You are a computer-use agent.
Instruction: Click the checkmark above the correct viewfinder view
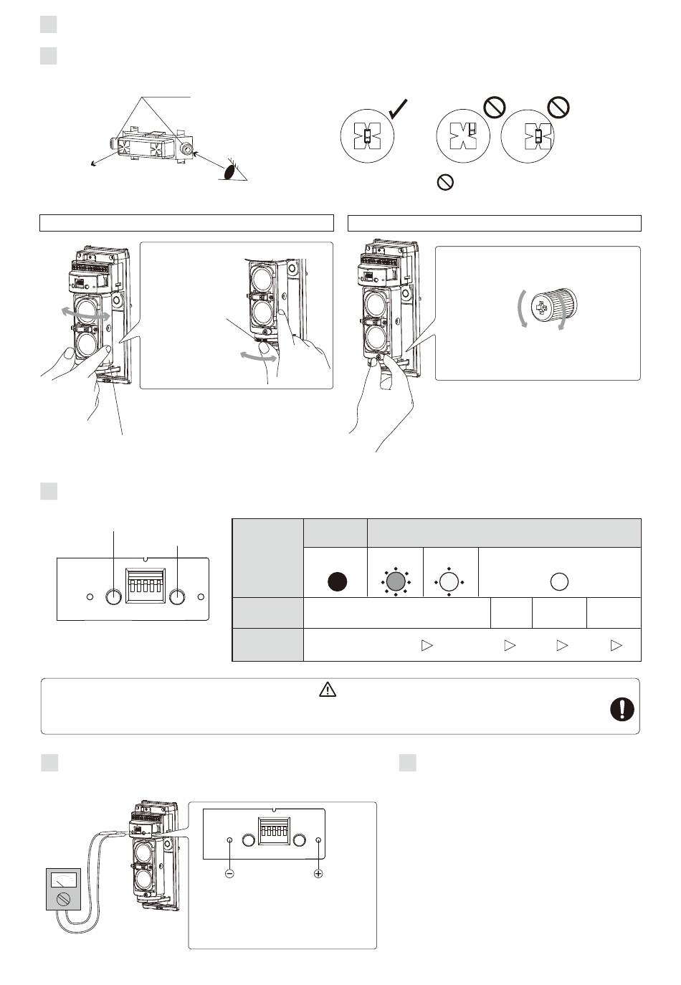[399, 110]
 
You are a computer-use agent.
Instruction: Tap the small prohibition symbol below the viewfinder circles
[444, 183]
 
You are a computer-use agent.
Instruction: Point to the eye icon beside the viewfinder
[231, 171]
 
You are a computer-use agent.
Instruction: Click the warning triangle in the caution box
[327, 690]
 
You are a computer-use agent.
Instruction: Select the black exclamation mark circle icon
[622, 709]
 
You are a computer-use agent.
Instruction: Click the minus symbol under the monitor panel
[229, 875]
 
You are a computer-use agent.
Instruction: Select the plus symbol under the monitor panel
[318, 875]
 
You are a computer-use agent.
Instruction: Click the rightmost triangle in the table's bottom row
[616, 645]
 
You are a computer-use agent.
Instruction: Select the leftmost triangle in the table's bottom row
[427, 645]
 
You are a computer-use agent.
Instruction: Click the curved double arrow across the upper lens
[85, 313]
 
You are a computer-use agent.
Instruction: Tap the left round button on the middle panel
[113, 596]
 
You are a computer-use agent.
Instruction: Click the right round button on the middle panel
[178, 596]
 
